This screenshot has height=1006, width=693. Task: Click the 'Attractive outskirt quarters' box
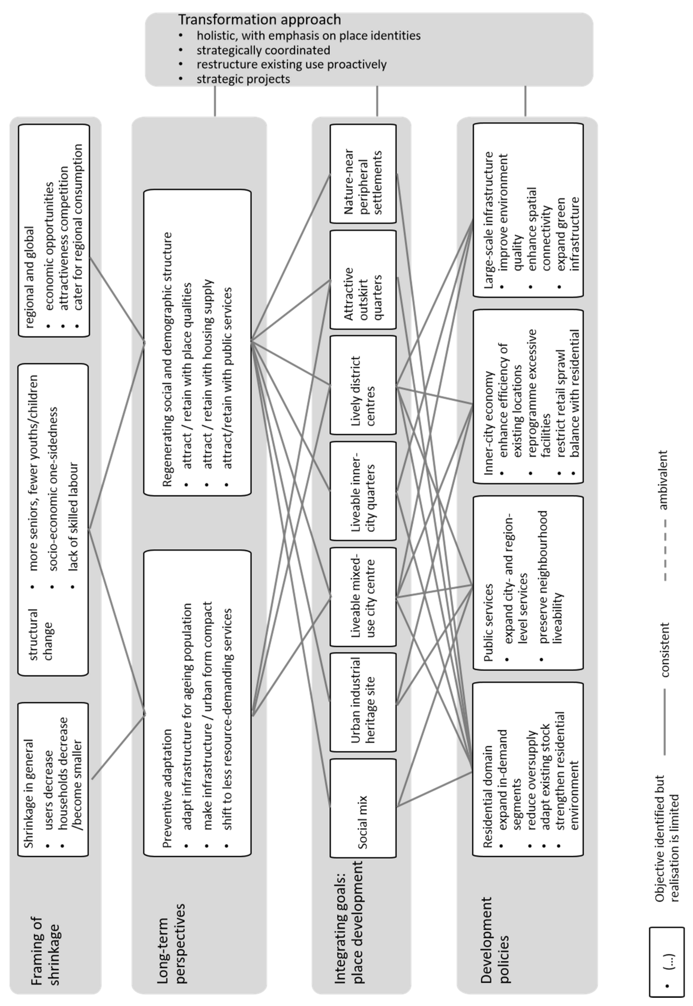[363, 280]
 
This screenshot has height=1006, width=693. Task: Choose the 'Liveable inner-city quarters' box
[363, 491]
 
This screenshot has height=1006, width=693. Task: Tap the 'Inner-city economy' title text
[488, 423]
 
